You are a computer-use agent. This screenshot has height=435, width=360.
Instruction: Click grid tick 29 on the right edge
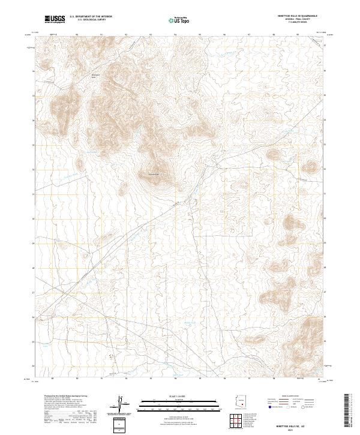coord(325,242)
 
